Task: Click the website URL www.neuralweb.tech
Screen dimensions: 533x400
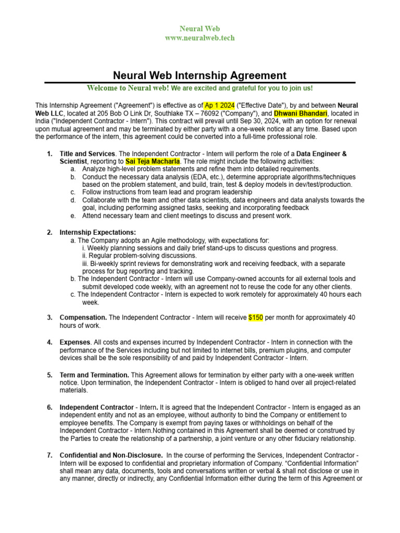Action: click(x=199, y=38)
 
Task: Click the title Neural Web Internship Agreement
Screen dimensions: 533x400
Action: click(x=199, y=75)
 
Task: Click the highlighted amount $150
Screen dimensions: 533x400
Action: click(x=256, y=318)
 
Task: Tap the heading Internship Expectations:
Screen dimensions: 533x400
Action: click(x=98, y=233)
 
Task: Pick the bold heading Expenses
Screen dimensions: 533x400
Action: click(x=75, y=342)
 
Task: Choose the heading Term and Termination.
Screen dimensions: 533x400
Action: click(x=94, y=375)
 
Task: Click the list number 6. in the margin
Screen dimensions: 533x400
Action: click(x=50, y=407)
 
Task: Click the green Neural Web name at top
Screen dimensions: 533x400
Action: click(x=199, y=29)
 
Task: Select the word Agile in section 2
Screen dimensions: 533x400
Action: click(x=153, y=240)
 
